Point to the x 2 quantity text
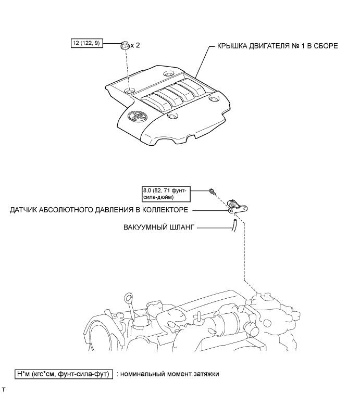[135, 45]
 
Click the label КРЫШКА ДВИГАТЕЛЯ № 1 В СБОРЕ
[274, 46]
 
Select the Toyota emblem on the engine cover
[142, 118]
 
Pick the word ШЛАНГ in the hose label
[180, 227]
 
